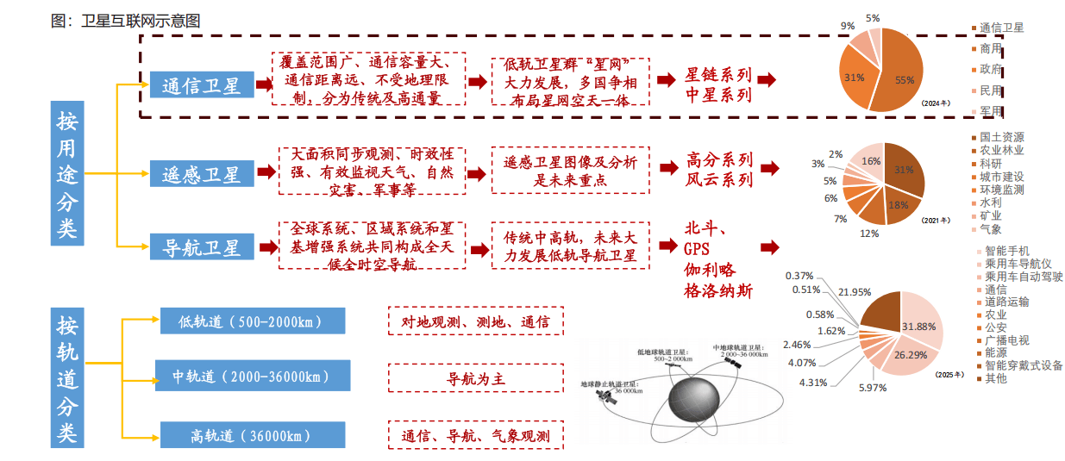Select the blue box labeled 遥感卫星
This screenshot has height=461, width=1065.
pos(201,173)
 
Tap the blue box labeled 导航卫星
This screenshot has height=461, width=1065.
pos(201,246)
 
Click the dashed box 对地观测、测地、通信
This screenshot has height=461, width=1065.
pos(475,321)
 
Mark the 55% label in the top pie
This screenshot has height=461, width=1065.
pos(905,80)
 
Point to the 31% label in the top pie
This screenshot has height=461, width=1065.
pos(854,78)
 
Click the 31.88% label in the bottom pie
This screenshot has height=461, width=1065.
pos(918,327)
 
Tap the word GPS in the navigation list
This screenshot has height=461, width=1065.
pos(696,249)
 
